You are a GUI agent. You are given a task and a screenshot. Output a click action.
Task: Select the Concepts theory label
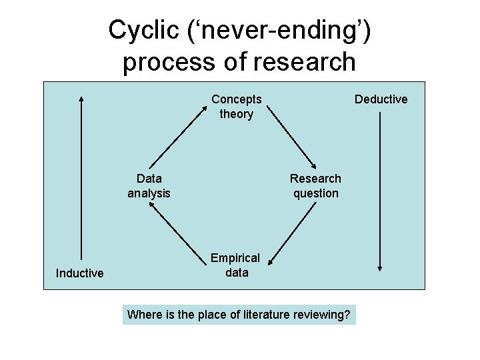point(237,107)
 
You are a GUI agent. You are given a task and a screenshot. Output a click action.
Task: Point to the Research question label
point(315,186)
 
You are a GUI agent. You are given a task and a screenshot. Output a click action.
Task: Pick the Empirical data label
point(236,265)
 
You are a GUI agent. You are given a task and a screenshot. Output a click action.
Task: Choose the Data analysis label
point(149,186)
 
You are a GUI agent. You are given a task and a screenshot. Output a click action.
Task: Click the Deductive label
point(381,99)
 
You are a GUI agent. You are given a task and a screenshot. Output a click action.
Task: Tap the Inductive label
point(80,273)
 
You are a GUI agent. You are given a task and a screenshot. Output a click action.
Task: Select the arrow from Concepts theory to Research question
point(295,139)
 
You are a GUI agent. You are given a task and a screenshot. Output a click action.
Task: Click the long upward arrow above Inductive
point(81,177)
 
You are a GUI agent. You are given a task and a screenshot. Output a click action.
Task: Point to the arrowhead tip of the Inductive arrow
point(81,96)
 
